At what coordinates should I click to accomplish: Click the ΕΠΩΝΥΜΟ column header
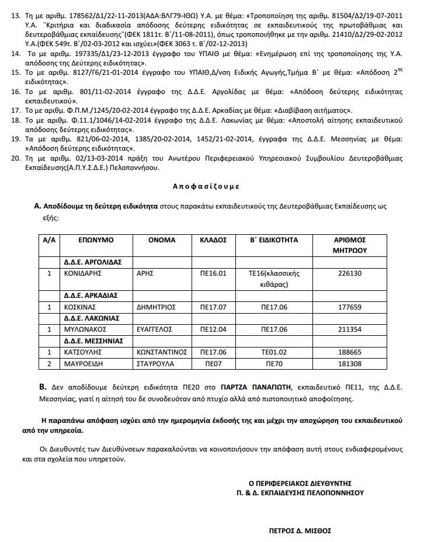pos(97,240)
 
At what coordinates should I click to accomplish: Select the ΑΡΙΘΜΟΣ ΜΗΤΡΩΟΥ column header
pos(350,245)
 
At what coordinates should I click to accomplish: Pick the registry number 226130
pos(350,273)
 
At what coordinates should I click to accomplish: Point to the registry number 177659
pos(350,306)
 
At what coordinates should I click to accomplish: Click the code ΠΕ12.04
pos(213,329)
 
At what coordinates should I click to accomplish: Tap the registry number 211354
pos(350,329)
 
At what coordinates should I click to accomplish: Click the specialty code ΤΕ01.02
pos(274,352)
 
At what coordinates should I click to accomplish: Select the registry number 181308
pos(350,363)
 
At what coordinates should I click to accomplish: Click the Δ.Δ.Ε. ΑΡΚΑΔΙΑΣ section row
pos(91,295)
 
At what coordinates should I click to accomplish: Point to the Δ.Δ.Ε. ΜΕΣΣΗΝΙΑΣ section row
pos(93,341)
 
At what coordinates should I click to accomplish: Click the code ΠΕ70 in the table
pos(274,363)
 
